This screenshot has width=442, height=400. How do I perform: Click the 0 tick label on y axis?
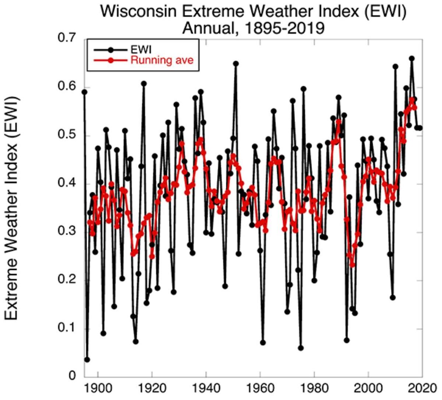tap(73, 376)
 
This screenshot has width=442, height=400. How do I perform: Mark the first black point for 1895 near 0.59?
tap(84, 92)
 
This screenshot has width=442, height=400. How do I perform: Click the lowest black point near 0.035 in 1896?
tap(87, 360)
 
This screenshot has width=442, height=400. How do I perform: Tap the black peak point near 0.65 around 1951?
tap(236, 64)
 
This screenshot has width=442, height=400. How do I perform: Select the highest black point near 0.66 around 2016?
tap(412, 59)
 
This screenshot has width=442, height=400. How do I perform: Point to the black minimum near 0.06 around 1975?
tap(301, 348)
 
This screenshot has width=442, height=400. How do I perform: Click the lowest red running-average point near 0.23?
tap(352, 265)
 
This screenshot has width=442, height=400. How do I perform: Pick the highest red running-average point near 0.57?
tap(412, 100)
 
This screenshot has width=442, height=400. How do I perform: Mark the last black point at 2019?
tap(420, 128)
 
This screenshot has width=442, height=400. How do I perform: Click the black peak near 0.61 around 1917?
tap(144, 84)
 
